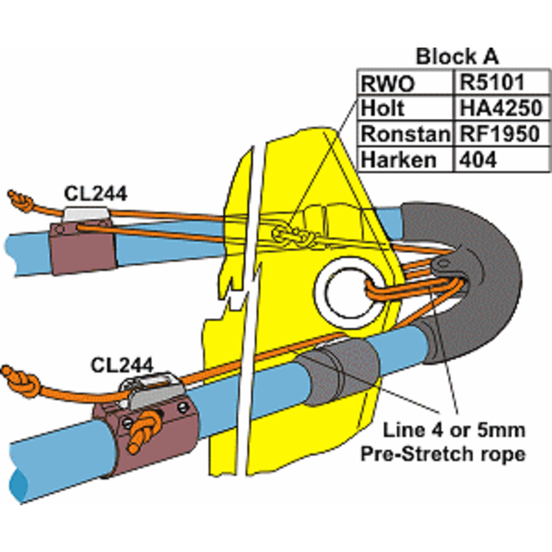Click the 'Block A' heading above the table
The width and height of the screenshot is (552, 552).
point(456,57)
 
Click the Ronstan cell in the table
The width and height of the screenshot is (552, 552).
point(405,133)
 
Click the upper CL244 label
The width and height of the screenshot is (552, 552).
point(95,194)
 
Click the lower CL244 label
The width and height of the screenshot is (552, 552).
point(121,365)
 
